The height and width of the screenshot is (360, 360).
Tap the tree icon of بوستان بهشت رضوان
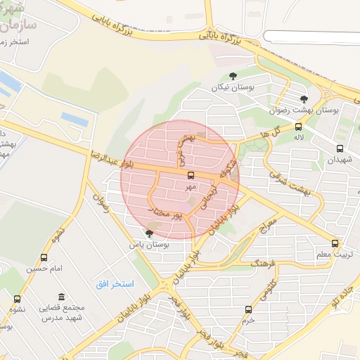(304, 99)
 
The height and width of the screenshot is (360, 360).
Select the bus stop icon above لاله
(299, 127)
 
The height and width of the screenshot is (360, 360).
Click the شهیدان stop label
(340, 160)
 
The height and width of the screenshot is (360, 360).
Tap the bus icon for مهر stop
(191, 175)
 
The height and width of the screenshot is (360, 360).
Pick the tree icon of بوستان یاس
(148, 233)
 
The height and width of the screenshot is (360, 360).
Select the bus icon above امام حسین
(45, 257)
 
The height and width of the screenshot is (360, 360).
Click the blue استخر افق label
(114, 283)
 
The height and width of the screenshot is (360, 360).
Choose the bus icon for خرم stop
(248, 309)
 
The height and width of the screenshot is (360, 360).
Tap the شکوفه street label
(224, 167)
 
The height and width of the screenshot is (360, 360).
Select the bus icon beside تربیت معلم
(335, 243)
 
